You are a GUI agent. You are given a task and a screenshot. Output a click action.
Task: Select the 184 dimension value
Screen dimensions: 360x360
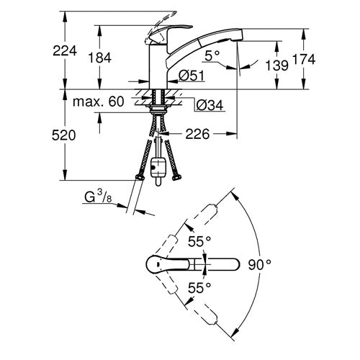[x=100, y=58]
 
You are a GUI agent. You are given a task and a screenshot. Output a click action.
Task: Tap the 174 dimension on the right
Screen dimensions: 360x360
[x=304, y=59]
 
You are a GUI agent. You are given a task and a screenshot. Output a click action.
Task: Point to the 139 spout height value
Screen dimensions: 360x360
[x=276, y=65]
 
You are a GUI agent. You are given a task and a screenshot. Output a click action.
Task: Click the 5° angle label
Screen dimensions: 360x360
[x=212, y=56]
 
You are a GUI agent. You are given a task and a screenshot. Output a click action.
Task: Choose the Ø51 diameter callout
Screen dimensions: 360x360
[x=192, y=76]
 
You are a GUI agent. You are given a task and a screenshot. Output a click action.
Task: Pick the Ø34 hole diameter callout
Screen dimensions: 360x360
[x=210, y=105]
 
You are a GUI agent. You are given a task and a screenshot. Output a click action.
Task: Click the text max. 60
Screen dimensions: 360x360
[x=99, y=102]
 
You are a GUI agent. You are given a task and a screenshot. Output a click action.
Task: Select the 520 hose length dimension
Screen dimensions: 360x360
[x=63, y=135]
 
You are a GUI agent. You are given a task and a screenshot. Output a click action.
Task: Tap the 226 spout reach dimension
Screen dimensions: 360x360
[x=197, y=134]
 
